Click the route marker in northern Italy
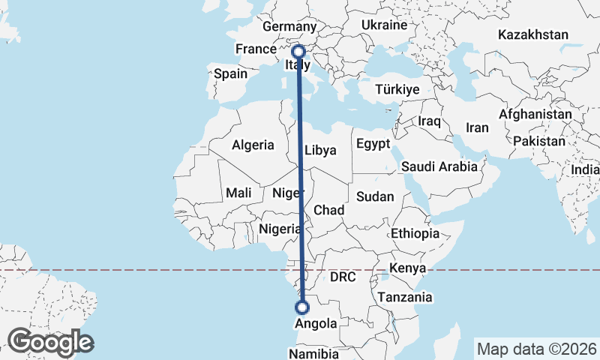[x=298, y=52]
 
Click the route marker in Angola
[x=302, y=307]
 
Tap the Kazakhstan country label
[x=532, y=34]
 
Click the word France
[x=256, y=49]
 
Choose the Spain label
[x=230, y=74]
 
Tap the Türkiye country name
[x=396, y=89]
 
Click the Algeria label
[x=253, y=145]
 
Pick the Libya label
[x=320, y=150]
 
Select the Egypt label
[x=373, y=143]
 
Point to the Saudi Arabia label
[x=439, y=166]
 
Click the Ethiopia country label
[x=415, y=233]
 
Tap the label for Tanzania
[x=405, y=297]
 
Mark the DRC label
[x=343, y=277]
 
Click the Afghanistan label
[x=535, y=114]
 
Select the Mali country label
[x=238, y=193]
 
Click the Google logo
[x=50, y=342]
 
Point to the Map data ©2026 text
[x=537, y=349]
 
